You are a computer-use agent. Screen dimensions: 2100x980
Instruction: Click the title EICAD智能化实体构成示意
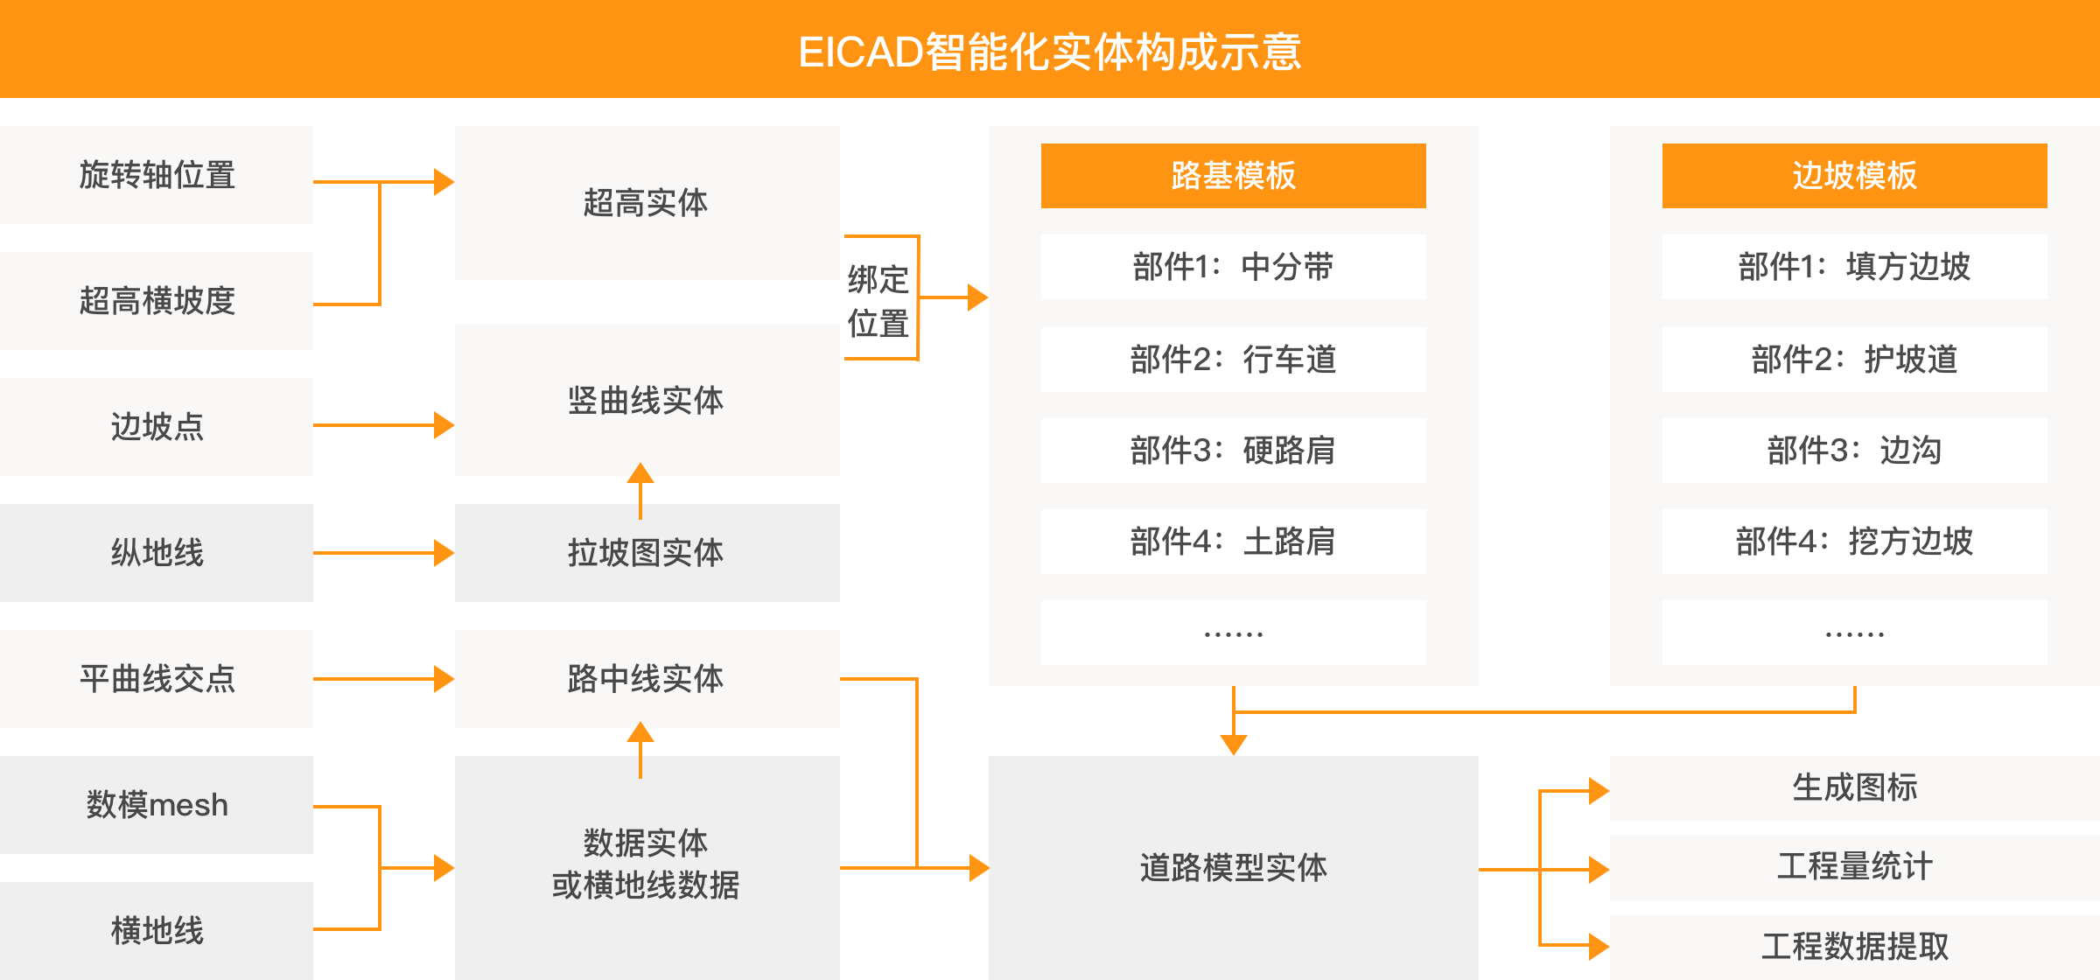pyautogui.click(x=1050, y=52)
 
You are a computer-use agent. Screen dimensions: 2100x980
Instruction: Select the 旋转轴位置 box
pyautogui.click(x=157, y=175)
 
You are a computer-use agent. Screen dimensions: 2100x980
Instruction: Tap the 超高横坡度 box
pyautogui.click(x=157, y=301)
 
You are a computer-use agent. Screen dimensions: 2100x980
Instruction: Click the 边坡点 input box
pyautogui.click(x=157, y=427)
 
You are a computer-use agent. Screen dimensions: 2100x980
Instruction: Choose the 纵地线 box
pyautogui.click(x=157, y=553)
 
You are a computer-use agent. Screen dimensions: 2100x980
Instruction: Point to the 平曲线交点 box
pyautogui.click(x=157, y=679)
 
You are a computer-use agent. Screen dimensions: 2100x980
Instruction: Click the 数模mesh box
pyautogui.click(x=157, y=805)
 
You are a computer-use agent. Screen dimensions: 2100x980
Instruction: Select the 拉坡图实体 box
pyautogui.click(x=647, y=553)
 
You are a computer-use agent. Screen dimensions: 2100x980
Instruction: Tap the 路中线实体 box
pyautogui.click(x=647, y=679)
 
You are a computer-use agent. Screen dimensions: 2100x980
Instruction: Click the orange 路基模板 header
pyautogui.click(x=1234, y=176)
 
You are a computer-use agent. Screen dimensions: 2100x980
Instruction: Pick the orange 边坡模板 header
pyautogui.click(x=1855, y=176)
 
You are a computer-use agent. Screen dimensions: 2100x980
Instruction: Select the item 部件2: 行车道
pyautogui.click(x=1234, y=360)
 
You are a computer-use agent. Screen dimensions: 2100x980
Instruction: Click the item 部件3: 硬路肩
pyautogui.click(x=1234, y=451)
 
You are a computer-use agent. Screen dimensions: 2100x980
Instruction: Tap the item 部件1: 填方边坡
pyautogui.click(x=1855, y=267)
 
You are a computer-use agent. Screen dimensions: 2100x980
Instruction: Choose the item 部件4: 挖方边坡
pyautogui.click(x=1855, y=542)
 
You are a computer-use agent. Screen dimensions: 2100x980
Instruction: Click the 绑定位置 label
pyautogui.click(x=878, y=302)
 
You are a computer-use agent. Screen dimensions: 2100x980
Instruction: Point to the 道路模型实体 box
pyautogui.click(x=1234, y=868)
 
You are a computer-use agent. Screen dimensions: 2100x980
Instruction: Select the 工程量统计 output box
pyautogui.click(x=1855, y=867)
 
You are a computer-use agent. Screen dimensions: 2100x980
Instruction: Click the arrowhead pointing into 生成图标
pyautogui.click(x=1599, y=791)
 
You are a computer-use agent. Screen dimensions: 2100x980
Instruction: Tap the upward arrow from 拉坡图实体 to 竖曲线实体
pyautogui.click(x=640, y=491)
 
